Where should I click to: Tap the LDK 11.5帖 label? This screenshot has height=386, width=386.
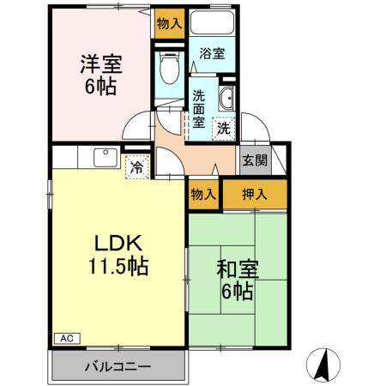click(x=117, y=254)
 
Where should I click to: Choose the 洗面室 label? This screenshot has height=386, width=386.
click(x=198, y=109)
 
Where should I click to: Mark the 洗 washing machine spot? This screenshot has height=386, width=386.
click(x=223, y=129)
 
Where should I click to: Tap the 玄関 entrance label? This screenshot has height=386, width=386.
click(x=254, y=160)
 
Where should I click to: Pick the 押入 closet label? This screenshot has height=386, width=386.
click(x=255, y=195)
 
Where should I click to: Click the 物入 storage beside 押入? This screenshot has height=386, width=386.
click(x=202, y=195)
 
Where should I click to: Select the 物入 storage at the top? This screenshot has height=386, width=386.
click(x=169, y=24)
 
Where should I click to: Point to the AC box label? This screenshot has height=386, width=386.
click(x=65, y=339)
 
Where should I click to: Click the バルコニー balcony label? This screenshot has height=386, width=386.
click(x=117, y=366)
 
